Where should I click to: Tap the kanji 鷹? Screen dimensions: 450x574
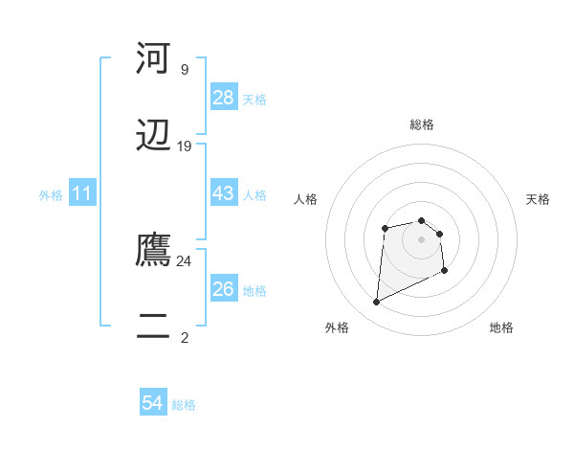point(153,250)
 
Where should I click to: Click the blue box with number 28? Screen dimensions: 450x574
point(224,98)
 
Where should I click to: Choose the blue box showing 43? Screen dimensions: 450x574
point(224,193)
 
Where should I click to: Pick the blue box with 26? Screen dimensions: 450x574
point(224,289)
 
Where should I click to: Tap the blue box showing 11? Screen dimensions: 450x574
point(83,193)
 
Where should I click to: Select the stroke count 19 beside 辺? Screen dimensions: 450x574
point(185,146)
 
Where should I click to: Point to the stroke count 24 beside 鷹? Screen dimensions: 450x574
point(185,260)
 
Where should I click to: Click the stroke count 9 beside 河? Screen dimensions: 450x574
point(185,69)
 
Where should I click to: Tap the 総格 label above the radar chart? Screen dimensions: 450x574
point(422,124)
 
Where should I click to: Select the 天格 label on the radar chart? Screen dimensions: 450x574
point(539,199)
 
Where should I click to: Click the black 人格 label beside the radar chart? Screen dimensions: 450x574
point(306,199)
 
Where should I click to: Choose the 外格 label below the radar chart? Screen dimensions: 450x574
point(337,328)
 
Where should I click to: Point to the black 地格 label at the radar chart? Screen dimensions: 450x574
point(501,328)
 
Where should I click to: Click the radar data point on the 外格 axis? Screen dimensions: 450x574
point(376,303)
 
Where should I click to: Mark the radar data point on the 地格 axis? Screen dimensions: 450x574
point(444,271)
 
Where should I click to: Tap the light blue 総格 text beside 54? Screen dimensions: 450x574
point(184,405)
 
